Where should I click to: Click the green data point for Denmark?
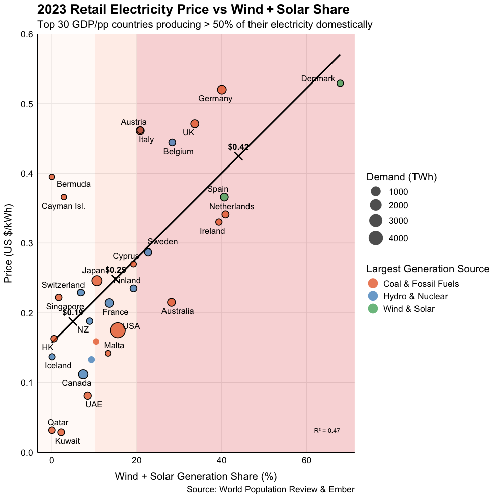click(x=340, y=83)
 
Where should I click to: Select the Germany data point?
click(x=222, y=90)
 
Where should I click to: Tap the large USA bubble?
click(x=118, y=330)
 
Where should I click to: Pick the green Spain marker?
click(x=224, y=197)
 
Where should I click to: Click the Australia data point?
click(x=172, y=302)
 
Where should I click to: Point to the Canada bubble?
click(x=84, y=374)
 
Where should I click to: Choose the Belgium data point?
click(x=172, y=143)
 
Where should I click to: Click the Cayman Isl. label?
click(x=63, y=206)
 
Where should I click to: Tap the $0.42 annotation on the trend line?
click(x=238, y=147)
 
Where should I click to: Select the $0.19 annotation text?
click(x=73, y=313)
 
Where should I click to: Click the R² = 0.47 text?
click(x=327, y=431)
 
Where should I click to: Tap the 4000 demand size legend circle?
click(x=376, y=238)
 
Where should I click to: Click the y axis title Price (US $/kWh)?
click(x=9, y=243)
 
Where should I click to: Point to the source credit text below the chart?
click(x=270, y=489)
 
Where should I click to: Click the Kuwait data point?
click(x=61, y=432)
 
